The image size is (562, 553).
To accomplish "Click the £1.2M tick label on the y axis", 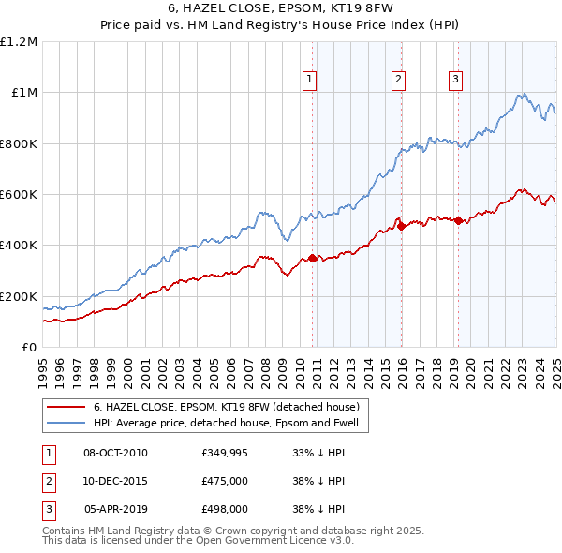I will (x=19, y=41).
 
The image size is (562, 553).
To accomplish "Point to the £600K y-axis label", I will (x=19, y=195).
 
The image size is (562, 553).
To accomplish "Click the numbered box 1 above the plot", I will (x=309, y=81).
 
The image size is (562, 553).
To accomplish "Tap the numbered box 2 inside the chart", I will (x=398, y=81).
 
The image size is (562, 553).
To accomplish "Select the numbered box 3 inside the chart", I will (x=455, y=81).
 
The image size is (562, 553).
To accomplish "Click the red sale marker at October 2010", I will (x=313, y=258).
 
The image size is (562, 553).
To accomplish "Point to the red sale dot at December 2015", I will (x=402, y=226).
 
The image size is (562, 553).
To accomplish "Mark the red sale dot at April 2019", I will (x=458, y=220).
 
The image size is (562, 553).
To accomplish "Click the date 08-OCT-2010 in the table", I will (x=115, y=453).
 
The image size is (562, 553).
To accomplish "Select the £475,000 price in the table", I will (x=224, y=481).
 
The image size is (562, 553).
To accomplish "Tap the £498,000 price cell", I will (x=224, y=509).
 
